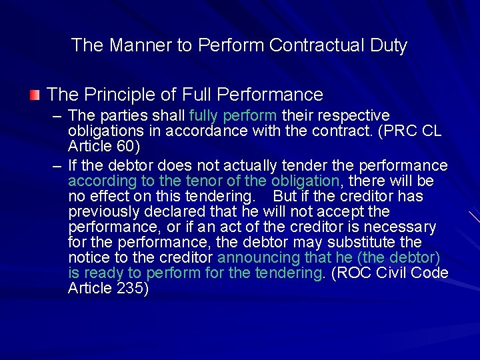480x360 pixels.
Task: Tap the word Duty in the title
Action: click(392, 45)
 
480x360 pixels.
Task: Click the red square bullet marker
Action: click(35, 94)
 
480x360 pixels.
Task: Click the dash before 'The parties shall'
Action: click(57, 116)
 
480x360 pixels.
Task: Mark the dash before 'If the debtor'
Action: click(57, 165)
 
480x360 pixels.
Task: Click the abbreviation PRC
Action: click(400, 131)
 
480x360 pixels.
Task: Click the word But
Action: click(286, 196)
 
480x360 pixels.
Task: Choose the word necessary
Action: click(400, 227)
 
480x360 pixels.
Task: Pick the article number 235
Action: click(132, 289)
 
